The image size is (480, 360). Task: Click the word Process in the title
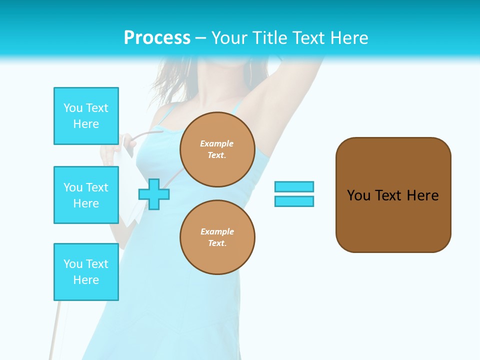(157, 38)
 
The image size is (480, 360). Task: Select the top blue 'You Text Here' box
(86, 116)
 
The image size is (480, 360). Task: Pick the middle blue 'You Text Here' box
(86, 195)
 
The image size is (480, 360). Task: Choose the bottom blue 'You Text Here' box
(86, 271)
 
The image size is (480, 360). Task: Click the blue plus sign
(154, 194)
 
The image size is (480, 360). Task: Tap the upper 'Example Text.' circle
(217, 149)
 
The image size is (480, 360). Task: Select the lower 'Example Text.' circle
(217, 237)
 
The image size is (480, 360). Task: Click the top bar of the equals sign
(294, 187)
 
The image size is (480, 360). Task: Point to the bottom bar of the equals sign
(294, 201)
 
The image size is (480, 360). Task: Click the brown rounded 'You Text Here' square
(393, 195)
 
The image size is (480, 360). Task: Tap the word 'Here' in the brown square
(422, 195)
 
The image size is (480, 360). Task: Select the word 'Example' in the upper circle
(217, 143)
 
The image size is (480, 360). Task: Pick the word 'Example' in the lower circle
(217, 231)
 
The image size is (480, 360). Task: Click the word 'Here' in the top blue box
(86, 124)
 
